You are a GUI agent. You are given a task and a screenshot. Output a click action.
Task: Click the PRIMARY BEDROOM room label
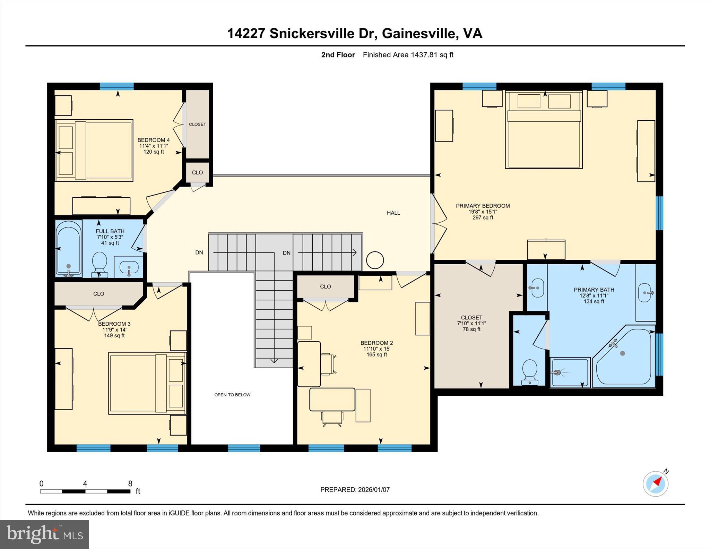483,206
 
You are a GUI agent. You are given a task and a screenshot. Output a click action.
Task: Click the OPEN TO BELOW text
232,395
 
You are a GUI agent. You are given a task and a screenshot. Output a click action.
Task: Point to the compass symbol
655,483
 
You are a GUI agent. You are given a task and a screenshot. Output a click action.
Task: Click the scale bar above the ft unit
85,491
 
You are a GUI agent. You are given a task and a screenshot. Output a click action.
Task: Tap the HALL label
393,213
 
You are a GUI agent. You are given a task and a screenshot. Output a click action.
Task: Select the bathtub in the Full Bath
69,248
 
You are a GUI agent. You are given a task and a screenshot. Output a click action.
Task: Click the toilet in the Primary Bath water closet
529,372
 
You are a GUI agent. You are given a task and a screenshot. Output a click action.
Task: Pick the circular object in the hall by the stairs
375,260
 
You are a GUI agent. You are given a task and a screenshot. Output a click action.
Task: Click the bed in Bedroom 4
94,151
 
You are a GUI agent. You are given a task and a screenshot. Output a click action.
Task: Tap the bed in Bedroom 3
147,383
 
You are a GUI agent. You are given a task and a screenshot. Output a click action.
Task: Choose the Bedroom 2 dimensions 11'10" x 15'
376,349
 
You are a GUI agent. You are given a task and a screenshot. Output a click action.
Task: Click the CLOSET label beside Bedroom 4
197,124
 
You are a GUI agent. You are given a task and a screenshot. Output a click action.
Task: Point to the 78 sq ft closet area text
471,329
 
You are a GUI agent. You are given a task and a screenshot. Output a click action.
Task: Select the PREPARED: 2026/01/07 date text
355,490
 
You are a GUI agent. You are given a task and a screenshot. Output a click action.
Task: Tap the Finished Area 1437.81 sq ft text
408,55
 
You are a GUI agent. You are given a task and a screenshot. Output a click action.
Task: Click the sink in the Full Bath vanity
129,267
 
